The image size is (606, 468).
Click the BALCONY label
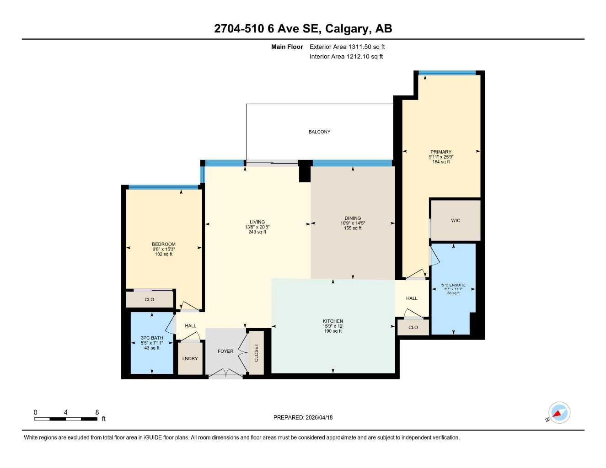(x=319, y=132)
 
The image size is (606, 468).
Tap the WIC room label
(x=456, y=220)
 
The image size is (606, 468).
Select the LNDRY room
(x=190, y=358)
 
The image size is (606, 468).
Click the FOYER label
(x=225, y=351)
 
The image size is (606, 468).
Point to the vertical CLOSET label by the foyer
(x=257, y=353)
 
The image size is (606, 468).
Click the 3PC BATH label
(x=152, y=338)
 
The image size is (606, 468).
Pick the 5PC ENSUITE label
(x=453, y=285)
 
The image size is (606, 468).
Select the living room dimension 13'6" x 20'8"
(x=257, y=227)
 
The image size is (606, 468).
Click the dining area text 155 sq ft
(x=353, y=228)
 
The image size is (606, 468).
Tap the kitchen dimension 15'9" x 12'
(x=333, y=326)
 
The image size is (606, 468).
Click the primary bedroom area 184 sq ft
(x=441, y=162)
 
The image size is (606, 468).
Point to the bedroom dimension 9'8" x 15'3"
(x=164, y=249)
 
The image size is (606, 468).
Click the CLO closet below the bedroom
(x=150, y=299)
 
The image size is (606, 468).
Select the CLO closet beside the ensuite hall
(x=413, y=327)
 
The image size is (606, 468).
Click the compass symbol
(x=559, y=413)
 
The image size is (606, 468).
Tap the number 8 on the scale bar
(x=97, y=412)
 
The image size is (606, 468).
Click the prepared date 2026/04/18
(x=318, y=417)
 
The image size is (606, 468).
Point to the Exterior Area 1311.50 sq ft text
(x=347, y=47)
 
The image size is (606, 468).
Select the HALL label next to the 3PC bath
(x=190, y=326)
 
